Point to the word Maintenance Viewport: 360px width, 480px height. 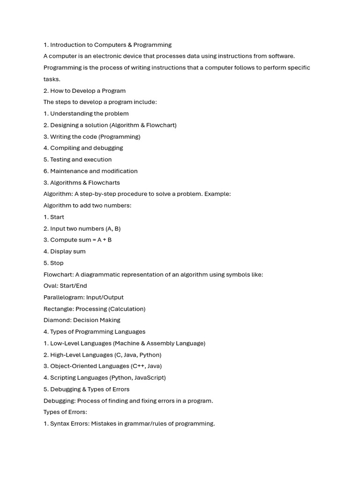coord(69,171)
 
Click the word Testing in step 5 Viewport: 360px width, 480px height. coord(60,159)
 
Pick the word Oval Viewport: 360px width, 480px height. coord(50,286)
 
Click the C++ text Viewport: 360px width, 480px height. coord(138,367)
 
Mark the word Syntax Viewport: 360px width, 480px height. coord(60,424)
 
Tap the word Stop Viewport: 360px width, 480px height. coord(57,263)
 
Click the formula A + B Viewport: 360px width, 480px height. coord(105,240)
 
